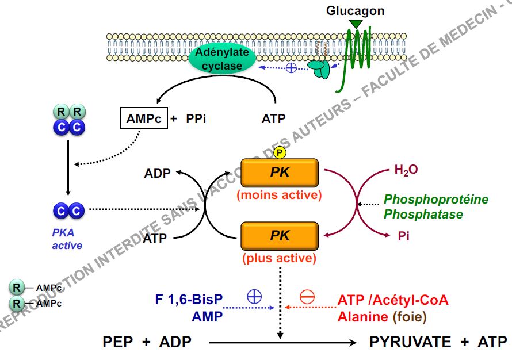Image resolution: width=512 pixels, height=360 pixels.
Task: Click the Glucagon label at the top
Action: click(x=355, y=10)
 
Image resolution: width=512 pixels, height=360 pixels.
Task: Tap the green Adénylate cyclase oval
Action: click(x=223, y=59)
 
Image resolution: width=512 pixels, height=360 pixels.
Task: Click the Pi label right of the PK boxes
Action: click(x=404, y=236)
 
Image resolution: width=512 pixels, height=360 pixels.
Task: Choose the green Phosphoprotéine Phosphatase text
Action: click(x=435, y=206)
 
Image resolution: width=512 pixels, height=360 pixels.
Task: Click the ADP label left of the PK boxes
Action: click(x=158, y=173)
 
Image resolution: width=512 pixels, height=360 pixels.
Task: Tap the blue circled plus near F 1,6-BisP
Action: click(x=254, y=297)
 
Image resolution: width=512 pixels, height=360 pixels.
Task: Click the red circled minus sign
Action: click(x=308, y=297)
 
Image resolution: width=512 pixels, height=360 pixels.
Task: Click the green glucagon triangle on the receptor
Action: click(x=357, y=23)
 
